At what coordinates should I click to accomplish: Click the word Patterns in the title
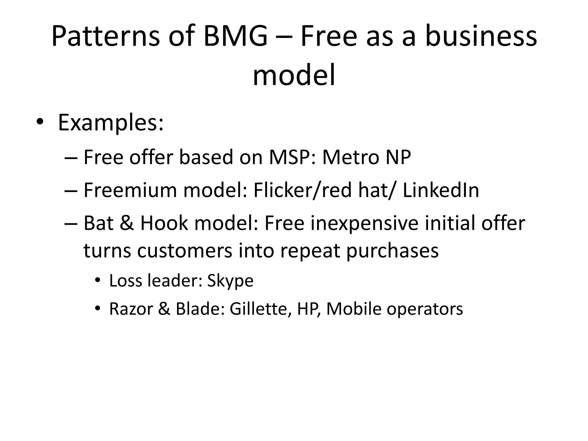point(105,36)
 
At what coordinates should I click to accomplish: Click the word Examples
point(111,123)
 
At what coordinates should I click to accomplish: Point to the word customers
point(185,250)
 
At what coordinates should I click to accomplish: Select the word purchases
point(392,250)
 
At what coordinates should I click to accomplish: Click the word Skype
point(230,281)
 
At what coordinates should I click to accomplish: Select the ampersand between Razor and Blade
point(164,309)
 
